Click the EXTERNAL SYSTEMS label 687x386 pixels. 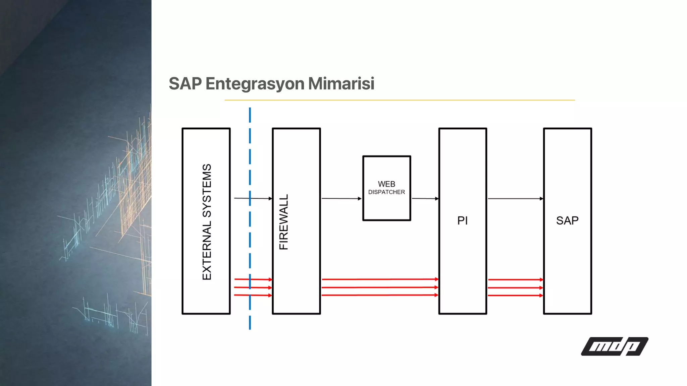tap(207, 222)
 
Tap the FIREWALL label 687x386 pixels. tap(284, 222)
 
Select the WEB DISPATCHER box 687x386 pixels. tap(386, 188)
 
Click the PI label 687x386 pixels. tap(462, 220)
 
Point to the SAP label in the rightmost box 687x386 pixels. tap(567, 220)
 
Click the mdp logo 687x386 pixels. tap(615, 346)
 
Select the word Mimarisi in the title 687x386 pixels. tap(341, 84)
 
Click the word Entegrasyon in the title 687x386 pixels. tap(255, 84)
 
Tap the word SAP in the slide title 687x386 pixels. tap(185, 84)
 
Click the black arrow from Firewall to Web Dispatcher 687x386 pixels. tap(341, 198)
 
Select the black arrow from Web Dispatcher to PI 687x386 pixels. tap(425, 198)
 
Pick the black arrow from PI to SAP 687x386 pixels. tap(515, 199)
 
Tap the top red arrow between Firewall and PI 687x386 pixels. tap(380, 279)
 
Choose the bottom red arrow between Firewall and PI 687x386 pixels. tap(380, 295)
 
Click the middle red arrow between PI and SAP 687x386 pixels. tap(515, 287)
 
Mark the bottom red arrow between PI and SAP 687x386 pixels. tap(515, 296)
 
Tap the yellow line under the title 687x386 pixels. tap(399, 100)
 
